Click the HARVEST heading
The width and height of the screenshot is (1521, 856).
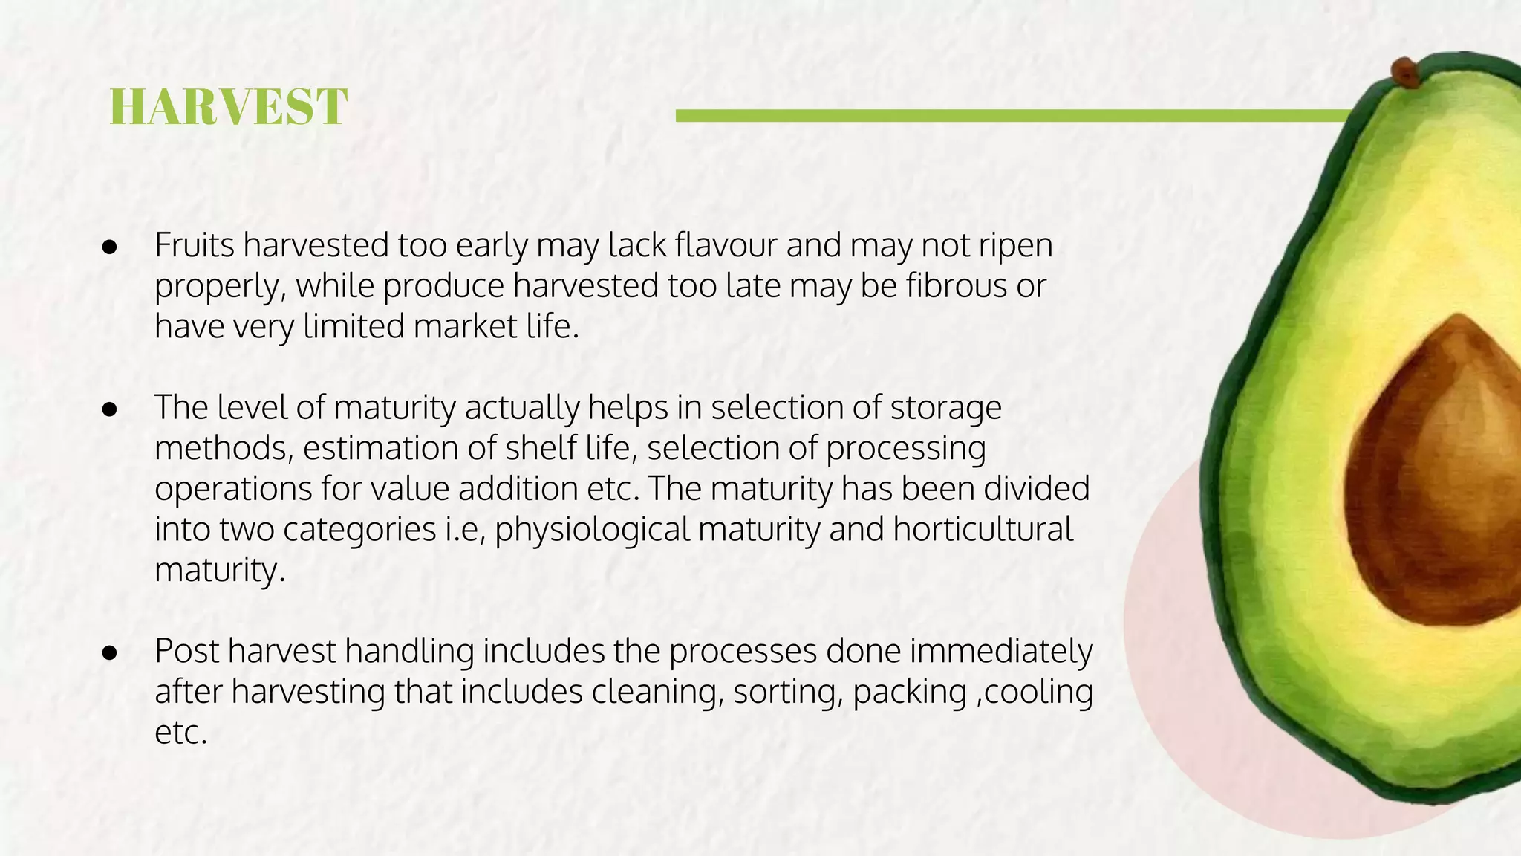click(228, 107)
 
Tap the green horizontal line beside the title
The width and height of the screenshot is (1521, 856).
click(1010, 116)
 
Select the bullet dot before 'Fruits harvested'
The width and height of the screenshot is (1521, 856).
click(110, 247)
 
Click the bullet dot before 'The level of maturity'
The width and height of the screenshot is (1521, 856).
click(110, 409)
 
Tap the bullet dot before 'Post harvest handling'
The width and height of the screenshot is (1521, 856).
click(110, 652)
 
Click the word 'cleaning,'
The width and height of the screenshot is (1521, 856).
click(658, 692)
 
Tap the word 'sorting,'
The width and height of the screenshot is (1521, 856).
click(788, 692)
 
